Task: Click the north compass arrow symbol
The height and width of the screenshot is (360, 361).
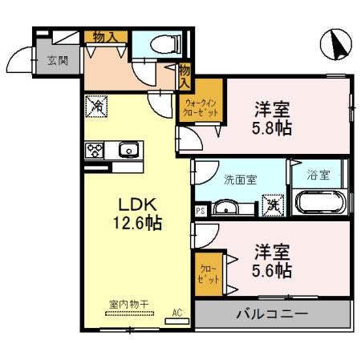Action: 336,44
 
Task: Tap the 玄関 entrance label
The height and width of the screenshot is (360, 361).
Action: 57,60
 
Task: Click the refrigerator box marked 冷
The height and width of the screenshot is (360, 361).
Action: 96,104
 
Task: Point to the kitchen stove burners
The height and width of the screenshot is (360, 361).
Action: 95,149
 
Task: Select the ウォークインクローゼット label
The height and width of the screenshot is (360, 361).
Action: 200,107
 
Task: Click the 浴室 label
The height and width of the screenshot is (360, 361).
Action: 319,176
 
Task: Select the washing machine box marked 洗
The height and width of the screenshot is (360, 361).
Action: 274,204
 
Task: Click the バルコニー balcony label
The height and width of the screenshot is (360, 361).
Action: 271,313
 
